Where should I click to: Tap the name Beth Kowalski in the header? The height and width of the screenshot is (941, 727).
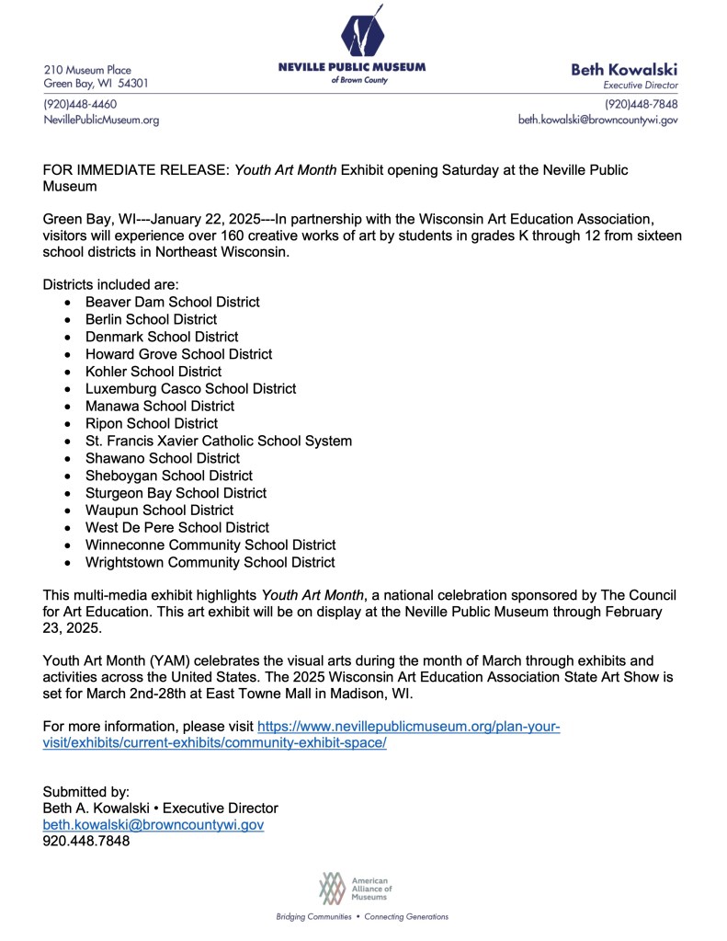(624, 69)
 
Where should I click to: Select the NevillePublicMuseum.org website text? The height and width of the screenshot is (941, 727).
(101, 120)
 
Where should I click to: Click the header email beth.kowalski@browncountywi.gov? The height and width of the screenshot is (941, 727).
(598, 120)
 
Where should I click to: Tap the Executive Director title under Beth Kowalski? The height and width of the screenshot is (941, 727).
(647, 85)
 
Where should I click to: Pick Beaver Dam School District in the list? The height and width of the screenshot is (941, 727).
(172, 302)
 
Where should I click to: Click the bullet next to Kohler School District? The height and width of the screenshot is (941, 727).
(69, 373)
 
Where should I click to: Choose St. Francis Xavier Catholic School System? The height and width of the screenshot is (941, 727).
(218, 441)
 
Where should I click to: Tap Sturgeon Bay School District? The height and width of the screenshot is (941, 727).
(176, 493)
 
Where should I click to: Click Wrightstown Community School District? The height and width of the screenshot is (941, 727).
(210, 562)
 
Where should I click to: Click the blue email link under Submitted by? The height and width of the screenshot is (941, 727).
(153, 825)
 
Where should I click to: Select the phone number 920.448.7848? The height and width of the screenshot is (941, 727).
(86, 842)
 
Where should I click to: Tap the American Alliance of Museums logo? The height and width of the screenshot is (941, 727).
(357, 888)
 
